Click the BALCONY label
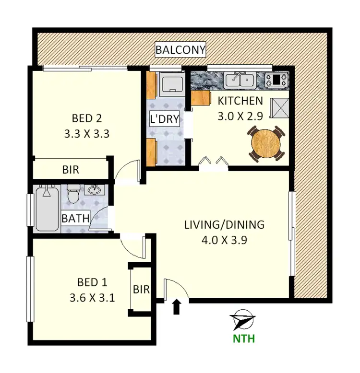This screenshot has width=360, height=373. point(180,49)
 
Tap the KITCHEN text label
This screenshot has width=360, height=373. point(240,101)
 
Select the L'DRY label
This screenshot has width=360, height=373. point(165,119)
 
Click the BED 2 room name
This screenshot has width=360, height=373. point(86,118)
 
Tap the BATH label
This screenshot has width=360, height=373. point(76,219)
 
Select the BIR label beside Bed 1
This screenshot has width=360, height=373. point(141,290)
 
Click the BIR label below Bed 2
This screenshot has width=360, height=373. point(71,169)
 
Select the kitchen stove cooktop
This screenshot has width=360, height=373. point(276,80)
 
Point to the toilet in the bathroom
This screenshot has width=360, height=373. point(73,195)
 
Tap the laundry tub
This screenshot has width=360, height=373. point(171,84)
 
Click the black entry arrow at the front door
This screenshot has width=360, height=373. point(176,306)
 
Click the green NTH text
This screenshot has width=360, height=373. point(243,338)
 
